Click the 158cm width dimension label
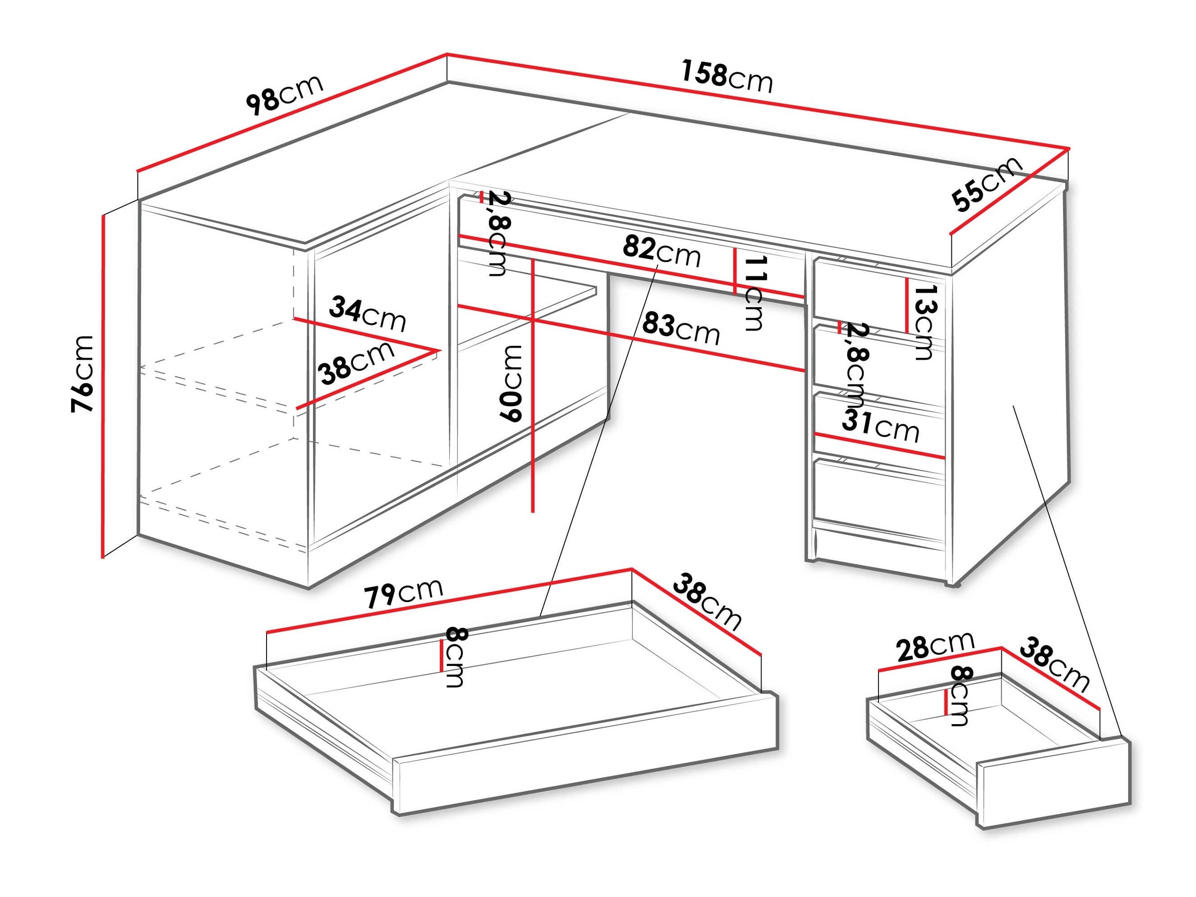(726, 77)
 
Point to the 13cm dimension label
(924, 322)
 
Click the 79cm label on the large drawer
(403, 593)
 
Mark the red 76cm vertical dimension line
(102, 385)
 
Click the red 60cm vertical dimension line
(533, 385)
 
